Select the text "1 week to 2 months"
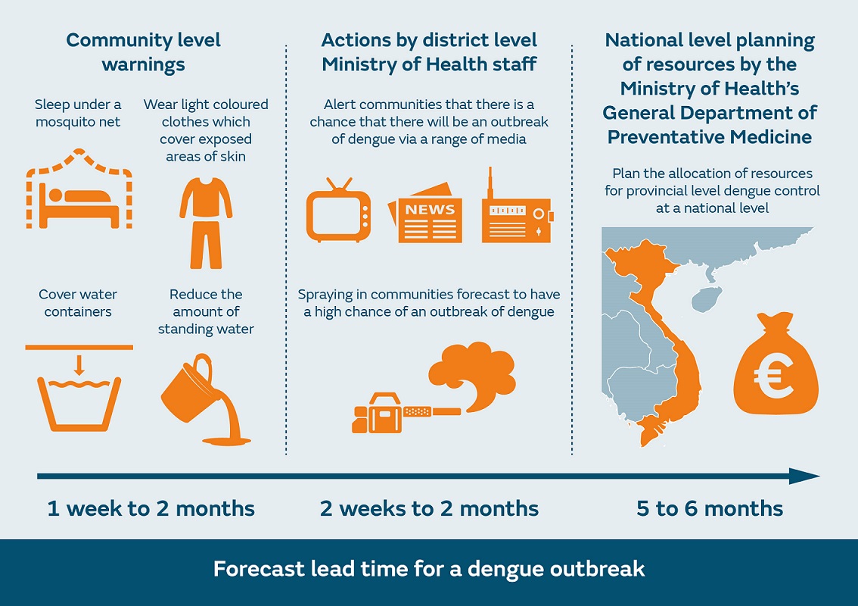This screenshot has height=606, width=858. tap(151, 508)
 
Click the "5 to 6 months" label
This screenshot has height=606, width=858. tap(710, 508)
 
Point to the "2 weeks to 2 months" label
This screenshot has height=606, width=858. tap(429, 508)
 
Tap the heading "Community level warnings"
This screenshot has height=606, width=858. tap(144, 52)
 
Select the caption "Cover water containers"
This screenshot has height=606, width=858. tap(78, 303)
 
